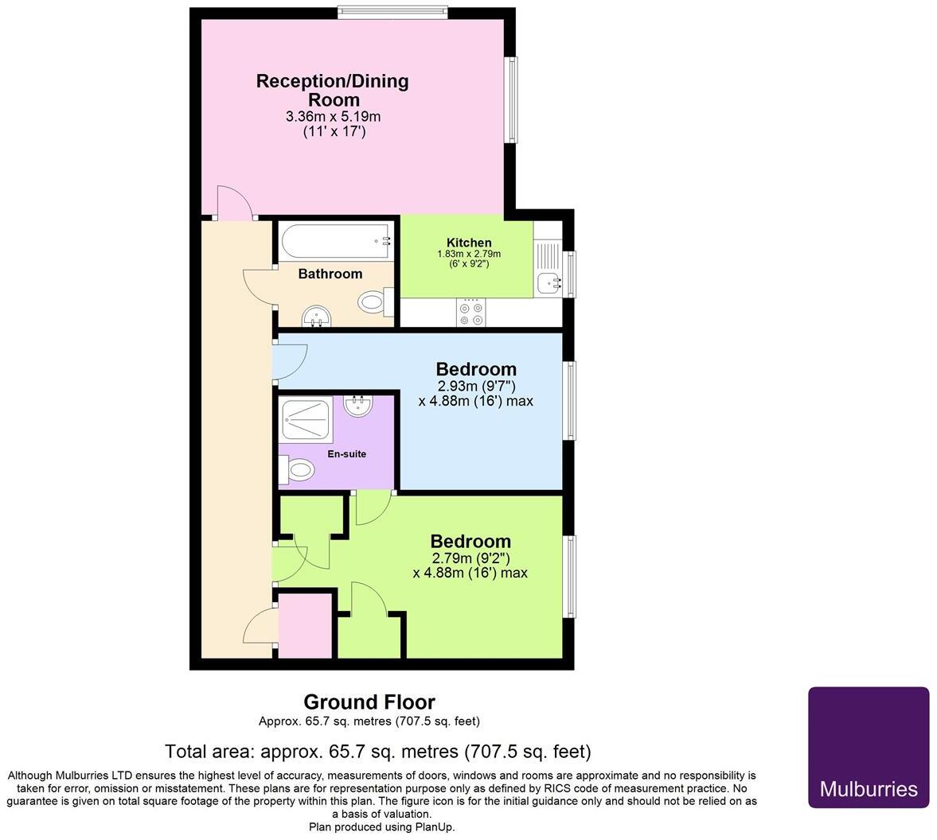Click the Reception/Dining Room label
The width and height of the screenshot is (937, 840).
point(332,90)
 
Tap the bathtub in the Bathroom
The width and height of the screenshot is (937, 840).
point(334,240)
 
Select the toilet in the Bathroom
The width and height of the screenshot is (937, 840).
point(376,301)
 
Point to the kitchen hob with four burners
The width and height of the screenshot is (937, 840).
point(469,312)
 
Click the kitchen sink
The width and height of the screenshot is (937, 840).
point(549,282)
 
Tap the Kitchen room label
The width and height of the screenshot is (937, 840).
point(468,243)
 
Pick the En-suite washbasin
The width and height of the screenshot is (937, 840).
point(359,406)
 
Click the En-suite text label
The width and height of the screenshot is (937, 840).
point(347,454)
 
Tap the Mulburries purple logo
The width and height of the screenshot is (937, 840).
point(869,747)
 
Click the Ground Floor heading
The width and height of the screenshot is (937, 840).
point(369,702)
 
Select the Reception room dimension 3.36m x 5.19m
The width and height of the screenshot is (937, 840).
point(333,117)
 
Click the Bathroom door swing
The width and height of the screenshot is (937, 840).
point(258,287)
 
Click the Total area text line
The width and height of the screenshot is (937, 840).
point(377,751)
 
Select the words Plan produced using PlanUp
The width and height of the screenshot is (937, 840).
point(382,827)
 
